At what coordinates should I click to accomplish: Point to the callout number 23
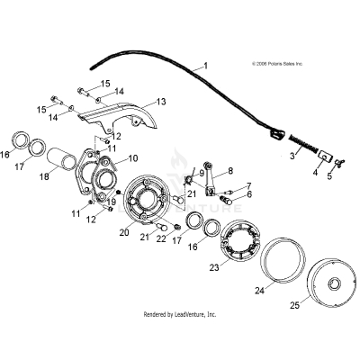click(213, 266)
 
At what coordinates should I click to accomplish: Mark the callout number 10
click(132, 157)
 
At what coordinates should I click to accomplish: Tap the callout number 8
click(230, 170)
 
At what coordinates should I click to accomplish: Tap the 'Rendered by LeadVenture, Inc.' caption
click(181, 315)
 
